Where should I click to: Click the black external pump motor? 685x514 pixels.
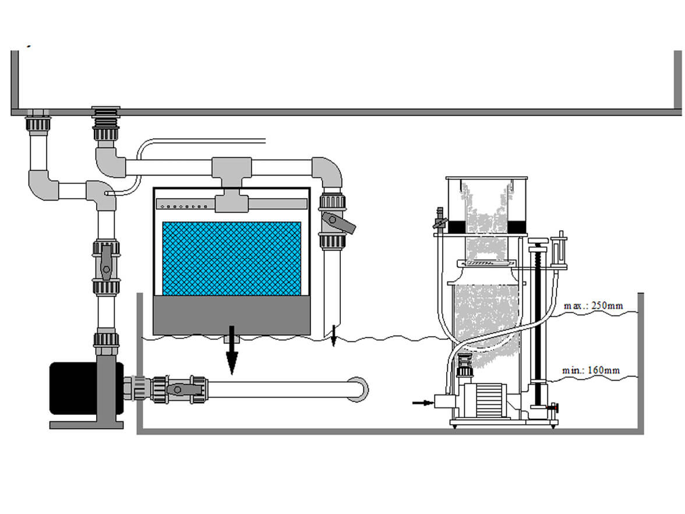pyautogui.click(x=72, y=388)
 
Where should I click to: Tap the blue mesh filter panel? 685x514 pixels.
pyautogui.click(x=232, y=258)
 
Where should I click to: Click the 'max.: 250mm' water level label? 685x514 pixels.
pyautogui.click(x=593, y=305)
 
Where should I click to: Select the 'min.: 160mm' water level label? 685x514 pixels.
pyautogui.click(x=591, y=370)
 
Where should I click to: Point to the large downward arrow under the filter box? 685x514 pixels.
pyautogui.click(x=232, y=350)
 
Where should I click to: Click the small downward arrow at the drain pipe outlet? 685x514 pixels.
pyautogui.click(x=334, y=335)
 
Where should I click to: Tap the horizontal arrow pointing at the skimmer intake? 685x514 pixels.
pyautogui.click(x=422, y=402)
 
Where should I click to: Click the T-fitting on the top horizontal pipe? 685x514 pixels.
pyautogui.click(x=232, y=172)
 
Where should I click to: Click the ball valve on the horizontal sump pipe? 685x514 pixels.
pyautogui.click(x=179, y=389)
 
